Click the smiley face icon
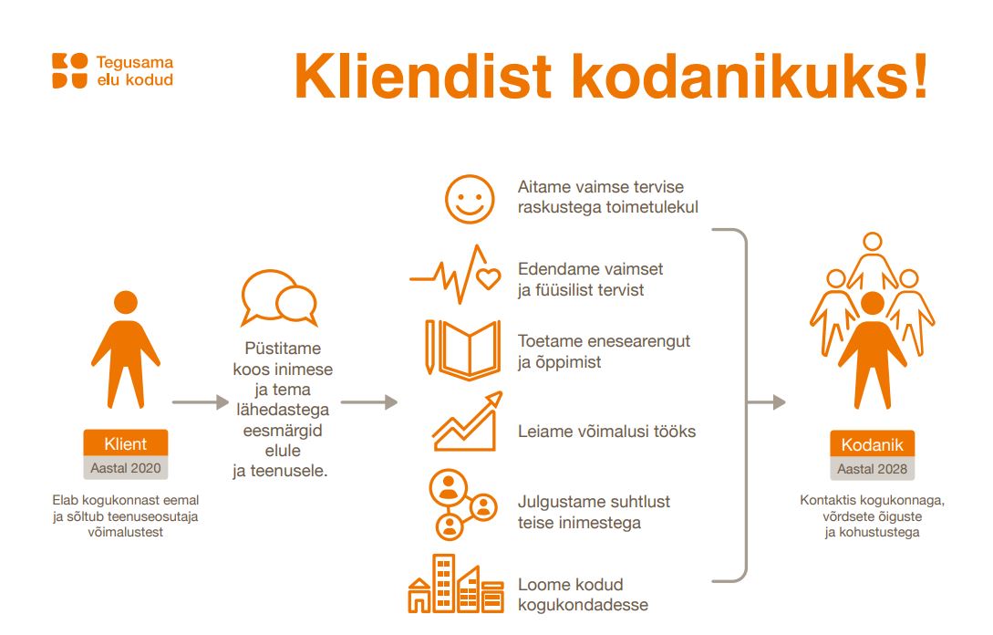[470, 199]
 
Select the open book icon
[463, 349]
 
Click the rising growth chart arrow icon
[468, 422]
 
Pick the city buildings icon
[456, 584]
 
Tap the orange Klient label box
[126, 443]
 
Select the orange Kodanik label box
[872, 443]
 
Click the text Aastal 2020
[126, 468]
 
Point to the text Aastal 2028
[872, 469]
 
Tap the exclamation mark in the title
[920, 76]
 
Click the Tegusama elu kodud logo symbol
[69, 70]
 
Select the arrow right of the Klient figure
[200, 401]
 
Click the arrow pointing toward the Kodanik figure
[767, 401]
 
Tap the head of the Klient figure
[126, 302]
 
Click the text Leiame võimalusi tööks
[606, 432]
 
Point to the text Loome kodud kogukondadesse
[583, 595]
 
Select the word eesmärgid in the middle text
[283, 431]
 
